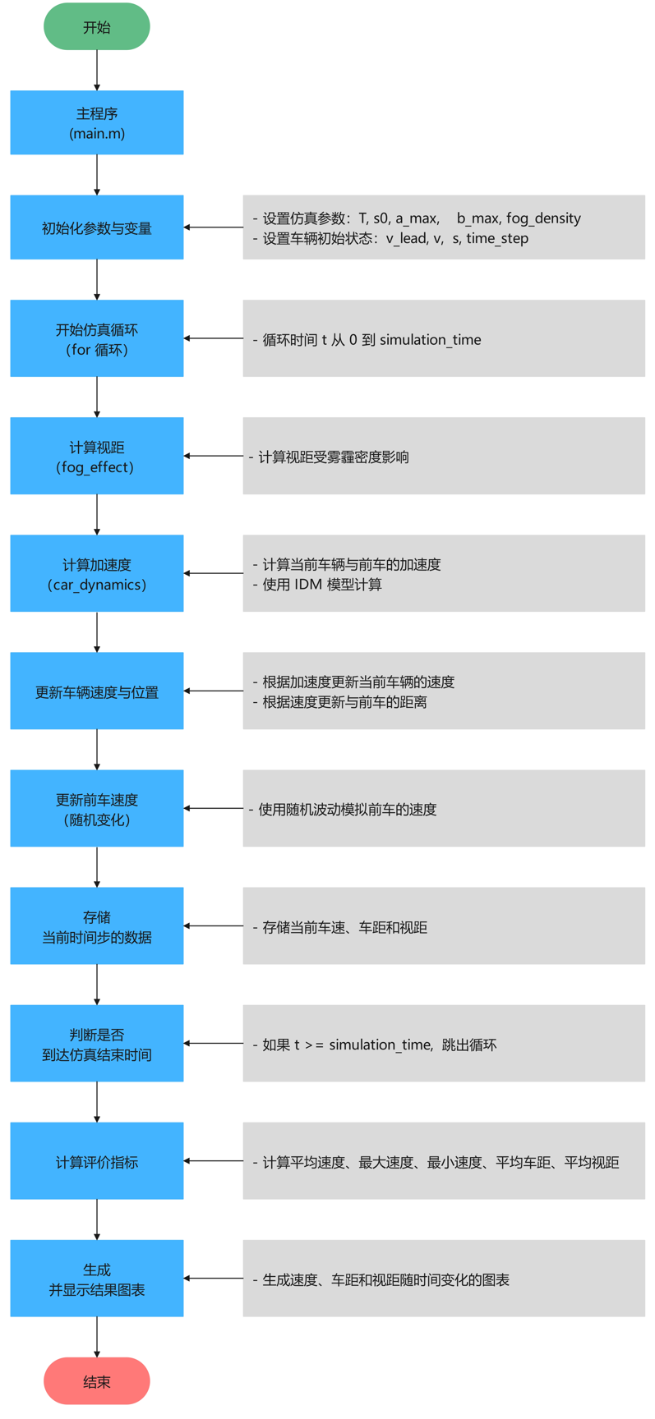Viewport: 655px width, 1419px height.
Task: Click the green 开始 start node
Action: pos(97,27)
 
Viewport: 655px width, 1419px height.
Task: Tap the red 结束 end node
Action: pos(97,1381)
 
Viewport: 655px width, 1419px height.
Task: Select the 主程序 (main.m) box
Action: pos(97,123)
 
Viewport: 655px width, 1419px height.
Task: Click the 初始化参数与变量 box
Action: pos(97,227)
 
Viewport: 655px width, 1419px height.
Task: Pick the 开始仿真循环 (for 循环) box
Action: pos(97,338)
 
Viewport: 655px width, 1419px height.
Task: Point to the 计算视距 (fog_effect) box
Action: pos(97,456)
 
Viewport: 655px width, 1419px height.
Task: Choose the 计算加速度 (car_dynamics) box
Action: pos(97,573)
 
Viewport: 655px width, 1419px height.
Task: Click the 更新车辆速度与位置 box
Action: pos(97,691)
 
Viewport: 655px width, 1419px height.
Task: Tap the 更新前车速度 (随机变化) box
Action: pos(97,809)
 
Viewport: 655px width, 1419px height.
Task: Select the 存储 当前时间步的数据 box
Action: pos(97,926)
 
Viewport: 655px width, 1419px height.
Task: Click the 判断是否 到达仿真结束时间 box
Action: pos(97,1044)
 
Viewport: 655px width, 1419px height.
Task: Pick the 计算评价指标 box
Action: pos(97,1161)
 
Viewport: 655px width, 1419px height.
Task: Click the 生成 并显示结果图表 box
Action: pos(97,1279)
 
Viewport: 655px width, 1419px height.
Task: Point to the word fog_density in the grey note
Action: pos(543,218)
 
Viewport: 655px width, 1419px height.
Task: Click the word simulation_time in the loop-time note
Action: pos(430,340)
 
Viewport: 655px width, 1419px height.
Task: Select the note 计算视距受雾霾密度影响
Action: pos(334,457)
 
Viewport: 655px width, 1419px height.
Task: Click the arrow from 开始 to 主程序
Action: pos(97,71)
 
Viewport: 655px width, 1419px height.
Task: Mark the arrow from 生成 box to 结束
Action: pos(97,1337)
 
